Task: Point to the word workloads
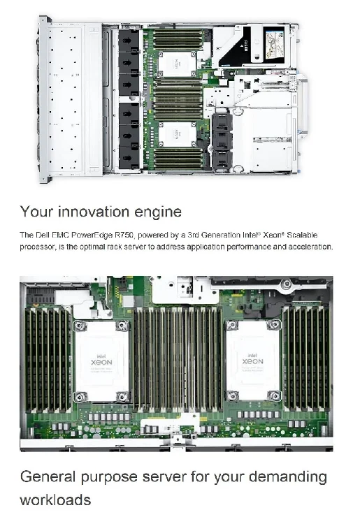(x=55, y=500)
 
